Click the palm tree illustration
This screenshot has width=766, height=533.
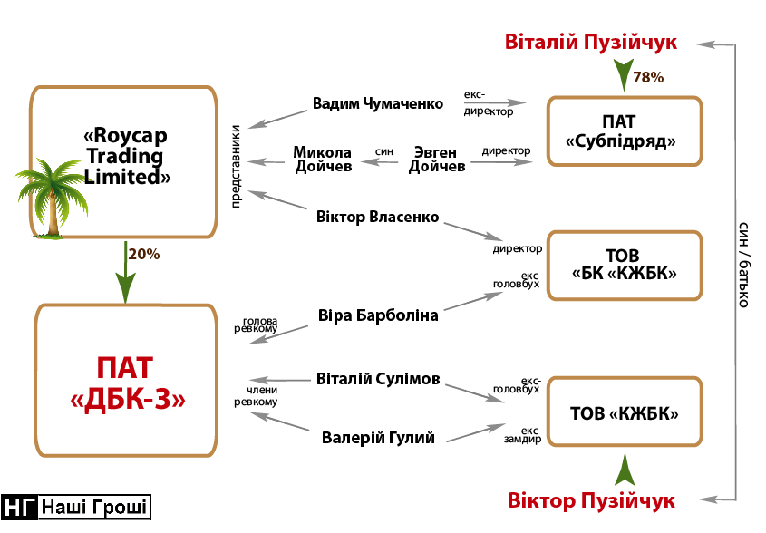48,199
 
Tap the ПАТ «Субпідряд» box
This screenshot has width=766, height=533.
625,131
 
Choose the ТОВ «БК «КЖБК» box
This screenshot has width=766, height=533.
625,265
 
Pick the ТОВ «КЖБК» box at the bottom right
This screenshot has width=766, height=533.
625,413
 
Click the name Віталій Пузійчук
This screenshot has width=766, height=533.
591,43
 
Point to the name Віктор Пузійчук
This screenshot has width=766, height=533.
591,500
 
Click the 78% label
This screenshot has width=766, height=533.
648,78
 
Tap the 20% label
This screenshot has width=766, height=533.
144,255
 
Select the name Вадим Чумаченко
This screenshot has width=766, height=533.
378,103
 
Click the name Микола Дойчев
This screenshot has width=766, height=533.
322,159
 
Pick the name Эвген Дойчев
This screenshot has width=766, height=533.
437,159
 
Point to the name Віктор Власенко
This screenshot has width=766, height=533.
378,218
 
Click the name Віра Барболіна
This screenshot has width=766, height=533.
378,316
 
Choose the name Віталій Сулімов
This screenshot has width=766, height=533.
378,379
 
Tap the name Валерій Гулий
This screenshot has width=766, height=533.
378,438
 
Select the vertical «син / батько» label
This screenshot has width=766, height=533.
742,263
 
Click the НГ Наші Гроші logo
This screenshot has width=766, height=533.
76,507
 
